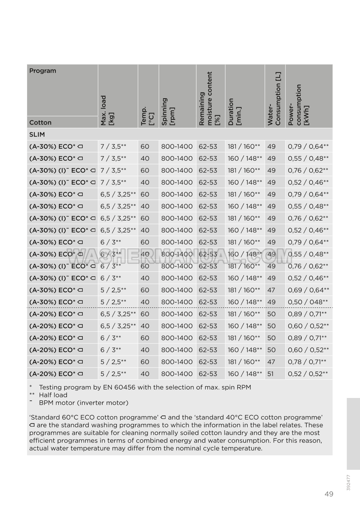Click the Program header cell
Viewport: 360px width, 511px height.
click(x=43, y=71)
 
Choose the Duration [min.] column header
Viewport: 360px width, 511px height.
click(x=234, y=111)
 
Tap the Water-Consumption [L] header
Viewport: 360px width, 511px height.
click(x=274, y=99)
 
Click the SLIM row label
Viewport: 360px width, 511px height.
click(x=37, y=134)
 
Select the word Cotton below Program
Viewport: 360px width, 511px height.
click(x=40, y=122)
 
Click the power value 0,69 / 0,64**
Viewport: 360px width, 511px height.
click(x=308, y=290)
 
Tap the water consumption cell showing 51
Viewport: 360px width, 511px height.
click(x=271, y=374)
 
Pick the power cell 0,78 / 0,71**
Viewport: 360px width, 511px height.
click(x=307, y=362)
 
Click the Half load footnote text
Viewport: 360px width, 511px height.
click(x=53, y=395)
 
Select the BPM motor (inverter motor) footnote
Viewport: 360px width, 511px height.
click(x=83, y=403)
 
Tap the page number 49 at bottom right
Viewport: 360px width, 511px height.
click(x=329, y=494)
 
